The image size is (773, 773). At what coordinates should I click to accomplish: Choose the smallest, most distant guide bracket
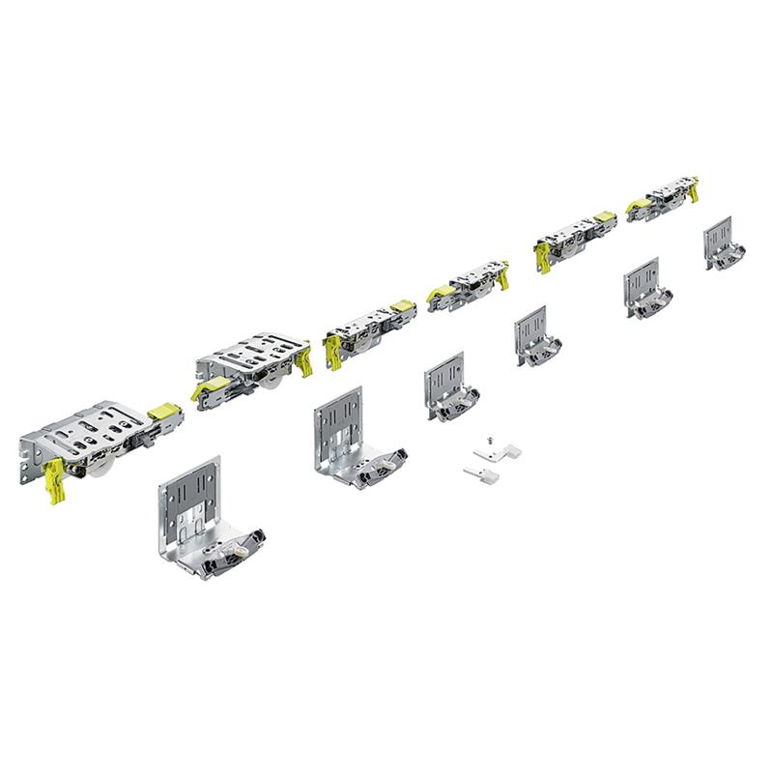724,244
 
